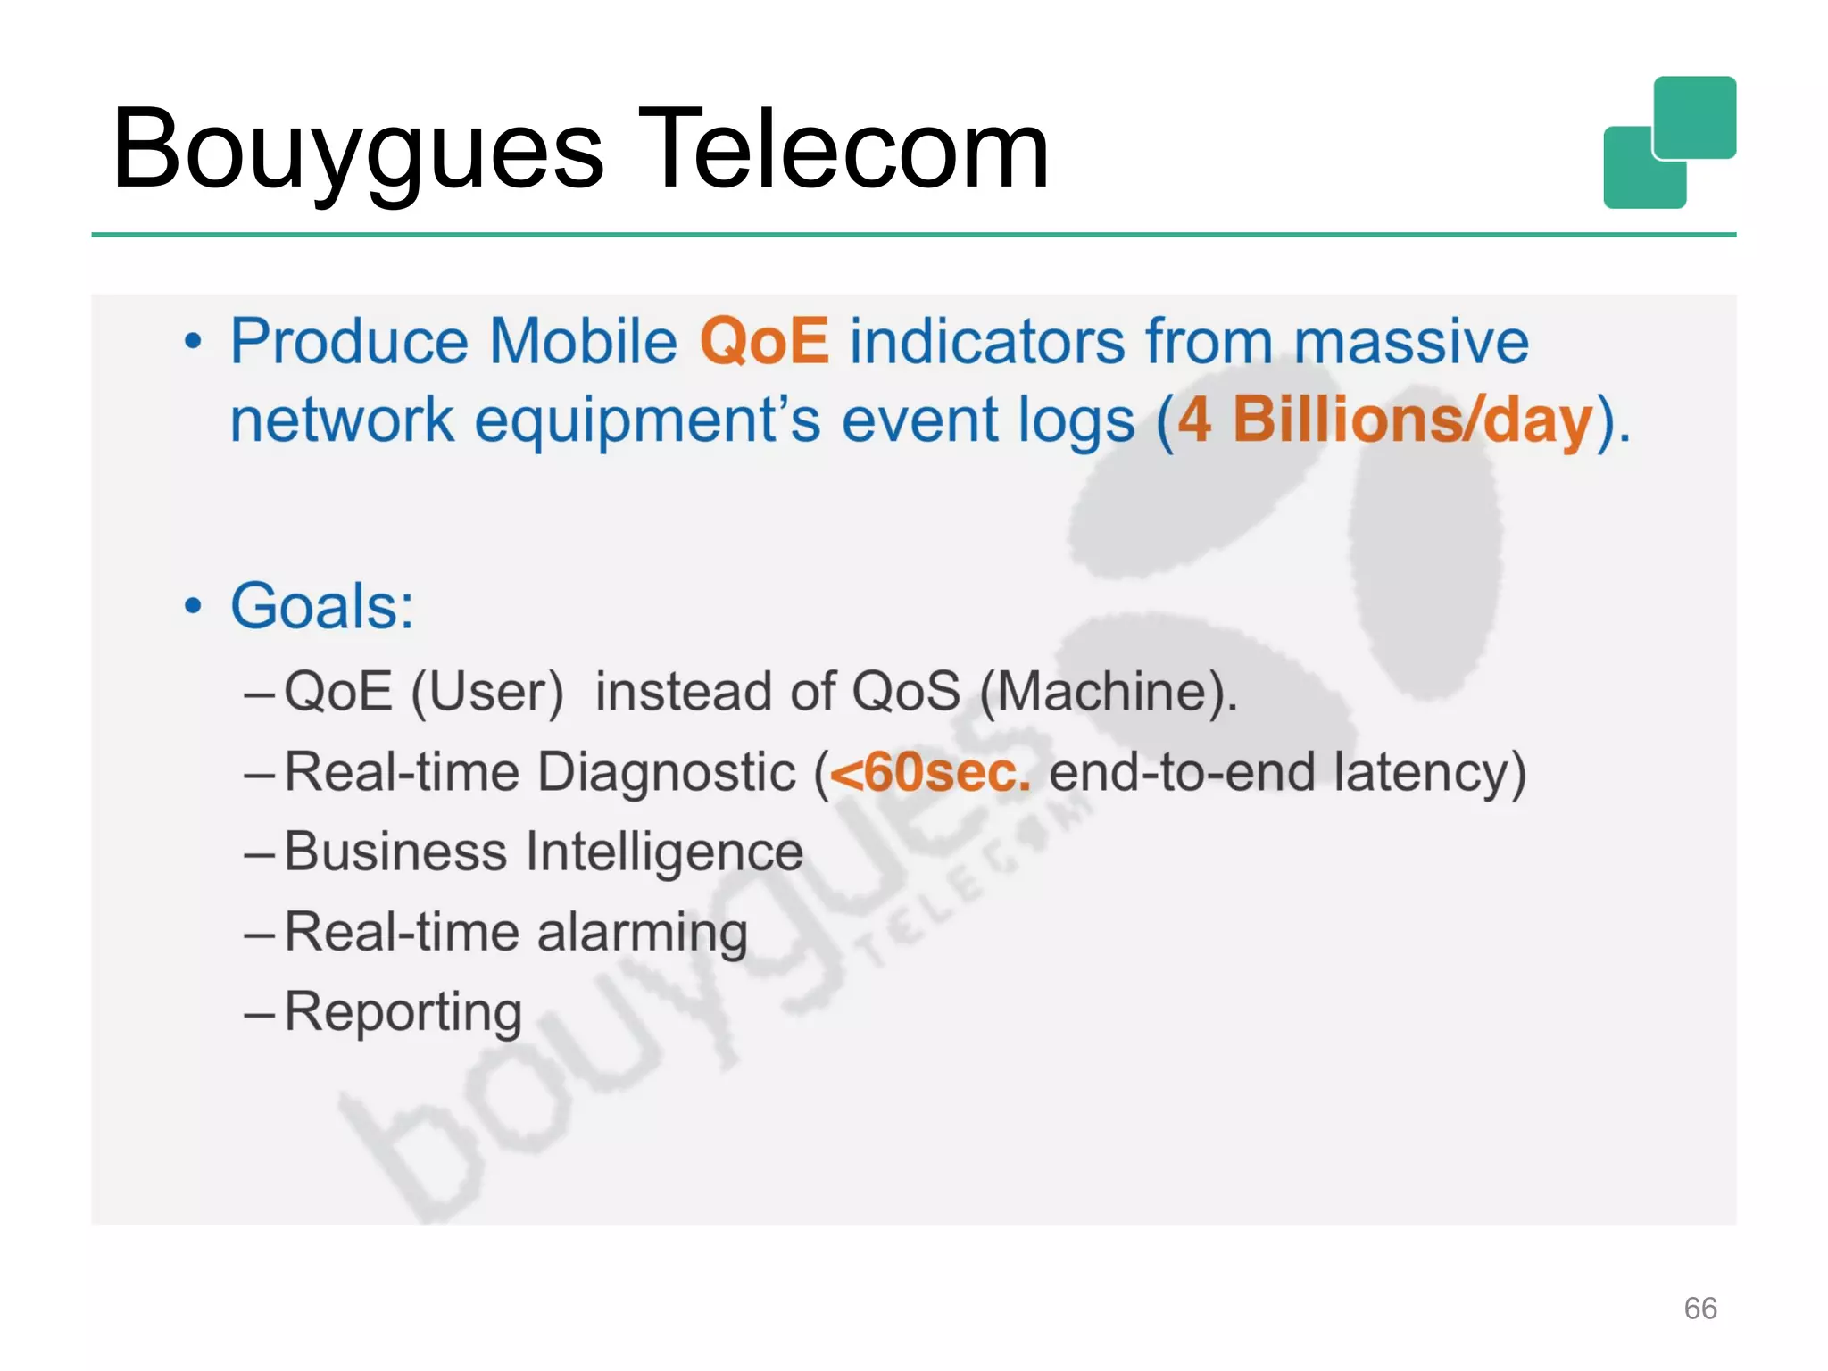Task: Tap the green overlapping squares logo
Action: pos(1669,143)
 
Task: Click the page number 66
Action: pos(1699,1309)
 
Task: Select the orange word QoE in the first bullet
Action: pos(764,342)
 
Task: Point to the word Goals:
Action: pos(322,607)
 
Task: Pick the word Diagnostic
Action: pos(666,772)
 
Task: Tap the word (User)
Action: pos(487,692)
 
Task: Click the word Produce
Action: pos(349,342)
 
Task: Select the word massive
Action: pos(1411,342)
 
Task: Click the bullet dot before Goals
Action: pos(193,607)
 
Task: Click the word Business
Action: pos(395,852)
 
